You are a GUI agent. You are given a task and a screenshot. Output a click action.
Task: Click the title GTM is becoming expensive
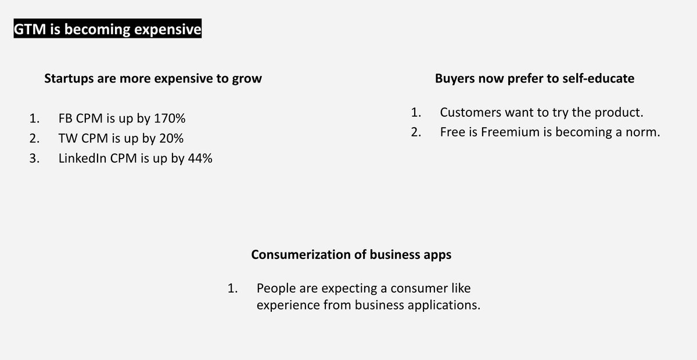click(x=107, y=30)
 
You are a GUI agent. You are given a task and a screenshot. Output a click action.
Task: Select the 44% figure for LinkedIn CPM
click(x=199, y=159)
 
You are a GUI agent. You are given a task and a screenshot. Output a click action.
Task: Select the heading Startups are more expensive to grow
click(x=153, y=78)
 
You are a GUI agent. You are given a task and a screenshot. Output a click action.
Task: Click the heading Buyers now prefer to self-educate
click(x=534, y=78)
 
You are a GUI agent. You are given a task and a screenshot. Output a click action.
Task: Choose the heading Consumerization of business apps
click(x=351, y=254)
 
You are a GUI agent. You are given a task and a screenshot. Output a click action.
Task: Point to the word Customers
click(x=469, y=112)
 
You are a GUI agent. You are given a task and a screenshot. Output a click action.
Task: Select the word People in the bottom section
click(x=275, y=288)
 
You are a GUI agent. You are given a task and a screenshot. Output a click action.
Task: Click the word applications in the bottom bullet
click(x=445, y=305)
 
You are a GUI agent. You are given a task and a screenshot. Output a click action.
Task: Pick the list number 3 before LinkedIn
click(x=34, y=159)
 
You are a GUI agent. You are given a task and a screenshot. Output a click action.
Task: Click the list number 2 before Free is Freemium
click(x=415, y=132)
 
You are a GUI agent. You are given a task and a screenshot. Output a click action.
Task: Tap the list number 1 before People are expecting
click(x=233, y=288)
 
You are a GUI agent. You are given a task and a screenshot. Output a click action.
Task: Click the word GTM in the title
click(x=30, y=30)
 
